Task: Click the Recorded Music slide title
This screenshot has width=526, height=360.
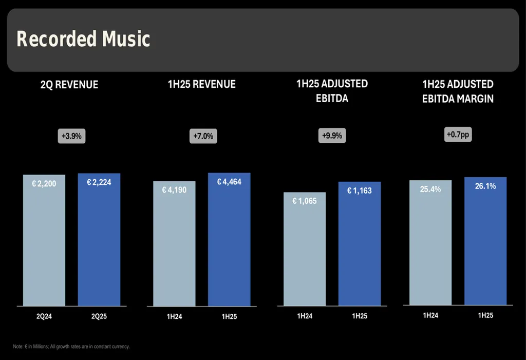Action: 83,40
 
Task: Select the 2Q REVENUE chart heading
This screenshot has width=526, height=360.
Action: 69,85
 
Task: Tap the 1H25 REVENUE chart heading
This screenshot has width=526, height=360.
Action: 202,84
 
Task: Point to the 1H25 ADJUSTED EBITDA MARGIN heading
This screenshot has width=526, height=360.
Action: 458,91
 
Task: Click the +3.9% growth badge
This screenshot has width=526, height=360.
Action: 71,137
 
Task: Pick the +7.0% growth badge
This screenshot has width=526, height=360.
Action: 203,137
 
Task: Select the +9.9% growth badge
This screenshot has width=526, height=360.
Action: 332,136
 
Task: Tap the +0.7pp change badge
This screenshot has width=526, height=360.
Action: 458,135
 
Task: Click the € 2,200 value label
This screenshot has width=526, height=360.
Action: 44,184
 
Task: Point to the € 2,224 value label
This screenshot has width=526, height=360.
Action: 99,182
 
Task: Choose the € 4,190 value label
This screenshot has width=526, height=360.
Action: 175,190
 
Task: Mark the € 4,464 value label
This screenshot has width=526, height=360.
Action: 229,182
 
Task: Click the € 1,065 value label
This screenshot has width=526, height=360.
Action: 305,201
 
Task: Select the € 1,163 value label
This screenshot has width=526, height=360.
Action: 360,191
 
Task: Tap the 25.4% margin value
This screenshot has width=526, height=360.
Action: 430,189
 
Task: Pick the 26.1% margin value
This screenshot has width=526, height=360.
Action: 485,186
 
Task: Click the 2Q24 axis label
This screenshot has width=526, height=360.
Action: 44,317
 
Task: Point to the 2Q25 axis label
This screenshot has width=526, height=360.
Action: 99,317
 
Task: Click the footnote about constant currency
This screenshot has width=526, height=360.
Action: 71,347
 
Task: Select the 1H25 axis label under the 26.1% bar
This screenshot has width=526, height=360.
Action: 485,315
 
